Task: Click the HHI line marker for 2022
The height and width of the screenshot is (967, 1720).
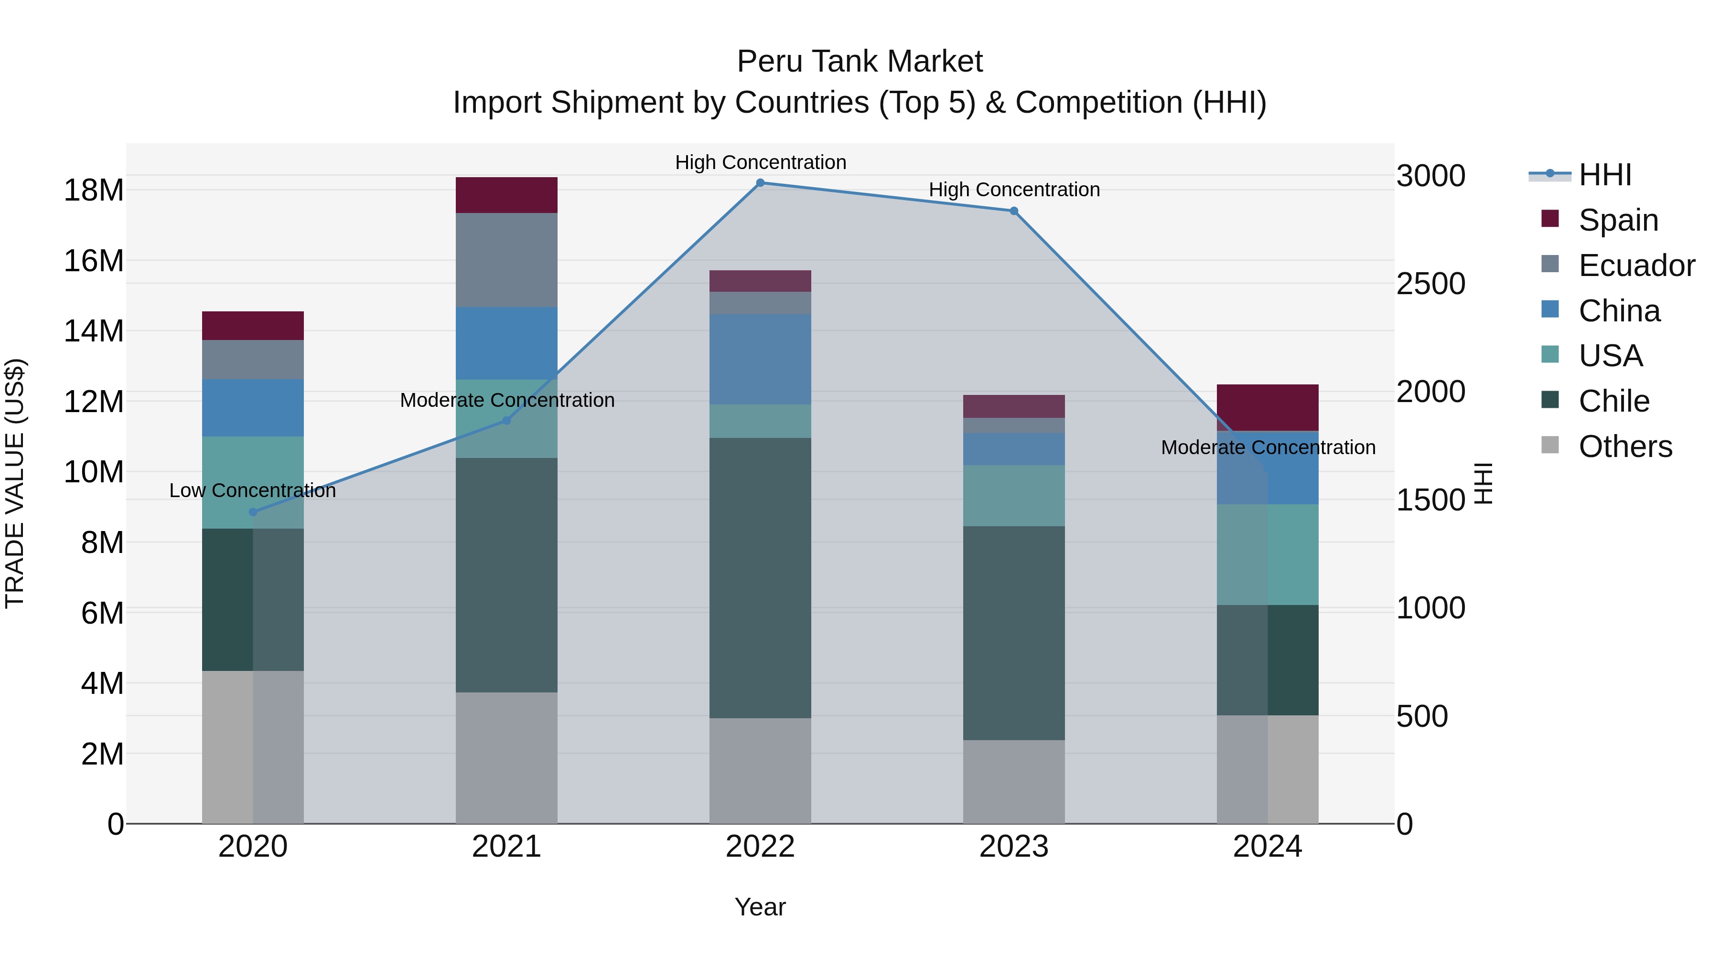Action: tap(760, 183)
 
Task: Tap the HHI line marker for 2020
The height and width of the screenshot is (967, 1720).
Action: tap(253, 512)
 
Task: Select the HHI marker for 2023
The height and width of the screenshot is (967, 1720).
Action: tap(1013, 211)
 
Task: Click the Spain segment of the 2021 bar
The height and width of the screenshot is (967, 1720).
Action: tap(506, 195)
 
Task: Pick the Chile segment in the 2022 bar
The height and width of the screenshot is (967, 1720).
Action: tap(760, 577)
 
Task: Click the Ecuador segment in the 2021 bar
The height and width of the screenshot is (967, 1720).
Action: tap(506, 260)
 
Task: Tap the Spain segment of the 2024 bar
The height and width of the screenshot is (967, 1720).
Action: tap(1267, 407)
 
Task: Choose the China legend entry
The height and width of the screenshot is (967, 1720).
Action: tap(1619, 311)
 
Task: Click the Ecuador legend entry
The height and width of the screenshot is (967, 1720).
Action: tap(1636, 266)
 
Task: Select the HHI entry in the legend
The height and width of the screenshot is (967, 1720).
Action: tap(1604, 175)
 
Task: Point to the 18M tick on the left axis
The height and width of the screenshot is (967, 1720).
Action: tap(94, 190)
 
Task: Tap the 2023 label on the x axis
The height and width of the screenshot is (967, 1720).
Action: tap(1013, 847)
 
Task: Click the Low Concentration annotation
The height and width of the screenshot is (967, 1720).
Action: tap(252, 490)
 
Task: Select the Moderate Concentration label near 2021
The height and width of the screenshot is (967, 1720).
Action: tap(507, 401)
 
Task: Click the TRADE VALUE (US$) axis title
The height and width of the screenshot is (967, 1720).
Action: tap(15, 483)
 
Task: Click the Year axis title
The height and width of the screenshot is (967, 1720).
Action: tap(760, 907)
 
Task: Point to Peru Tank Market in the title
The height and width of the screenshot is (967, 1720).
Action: tap(860, 62)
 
